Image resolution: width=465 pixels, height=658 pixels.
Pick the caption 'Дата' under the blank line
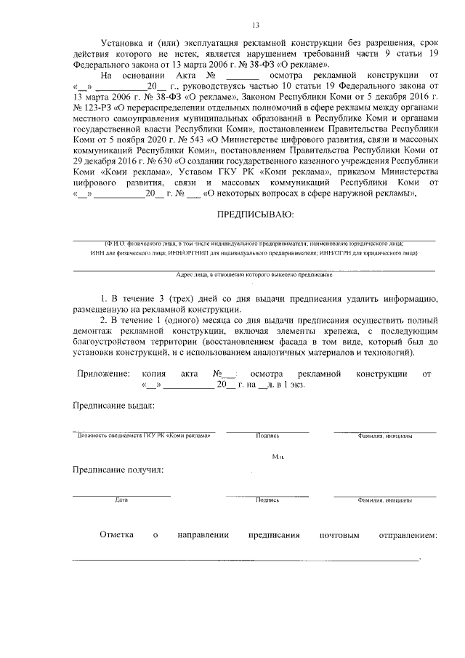pyautogui.click(x=121, y=501)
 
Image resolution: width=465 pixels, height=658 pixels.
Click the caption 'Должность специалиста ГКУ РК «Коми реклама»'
pyautogui.click(x=145, y=436)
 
